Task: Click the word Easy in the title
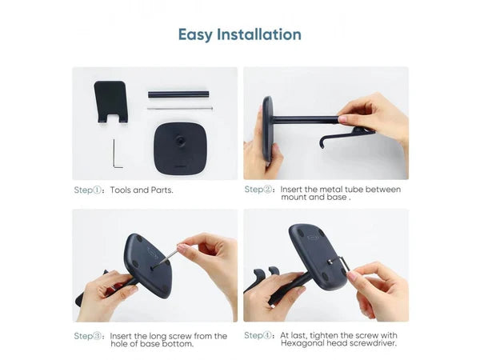195,35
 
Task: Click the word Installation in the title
259,34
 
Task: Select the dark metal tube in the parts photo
178,94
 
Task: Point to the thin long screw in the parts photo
180,108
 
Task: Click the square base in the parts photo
180,149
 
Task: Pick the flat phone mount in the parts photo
111,102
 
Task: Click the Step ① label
87,190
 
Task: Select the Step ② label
258,190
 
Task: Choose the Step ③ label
87,336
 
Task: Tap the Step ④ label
258,335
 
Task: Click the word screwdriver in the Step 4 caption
373,343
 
